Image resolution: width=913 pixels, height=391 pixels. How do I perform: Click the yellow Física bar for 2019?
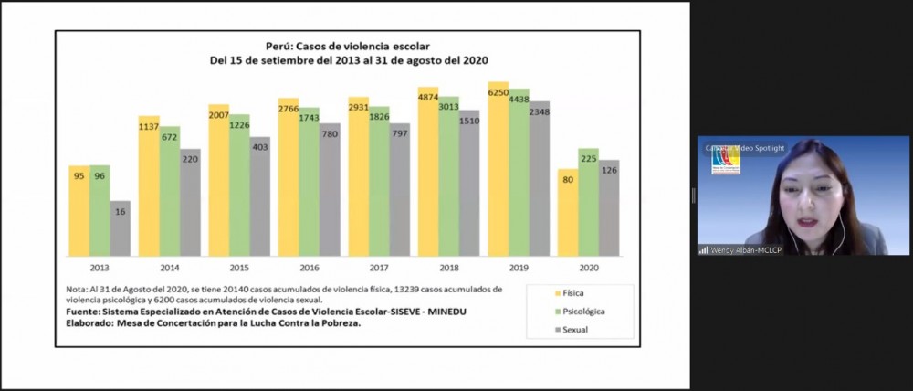pyautogui.click(x=498, y=174)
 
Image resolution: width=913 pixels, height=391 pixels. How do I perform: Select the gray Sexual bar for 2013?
pyautogui.click(x=121, y=228)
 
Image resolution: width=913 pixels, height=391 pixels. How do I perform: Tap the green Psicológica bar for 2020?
pyautogui.click(x=589, y=206)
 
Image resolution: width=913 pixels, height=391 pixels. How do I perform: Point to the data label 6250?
pyautogui.click(x=498, y=92)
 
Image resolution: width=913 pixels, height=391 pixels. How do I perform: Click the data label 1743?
pyautogui.click(x=310, y=119)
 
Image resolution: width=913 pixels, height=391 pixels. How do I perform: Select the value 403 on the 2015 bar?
pyautogui.click(x=260, y=145)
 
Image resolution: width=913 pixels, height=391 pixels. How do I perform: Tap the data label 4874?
pyautogui.click(x=428, y=97)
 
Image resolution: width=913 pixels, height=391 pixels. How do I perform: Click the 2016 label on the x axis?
pyautogui.click(x=310, y=268)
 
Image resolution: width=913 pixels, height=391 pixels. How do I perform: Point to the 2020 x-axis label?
pyautogui.click(x=589, y=268)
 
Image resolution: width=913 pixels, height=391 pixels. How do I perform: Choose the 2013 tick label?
pyautogui.click(x=100, y=268)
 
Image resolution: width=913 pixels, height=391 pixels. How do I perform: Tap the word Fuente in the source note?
pyautogui.click(x=86, y=311)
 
